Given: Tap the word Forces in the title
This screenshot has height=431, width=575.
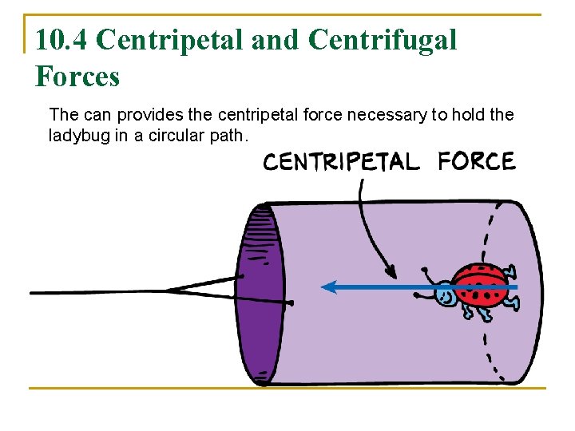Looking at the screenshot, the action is click(x=77, y=77).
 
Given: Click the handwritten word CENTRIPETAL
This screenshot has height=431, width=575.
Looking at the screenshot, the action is click(x=341, y=162).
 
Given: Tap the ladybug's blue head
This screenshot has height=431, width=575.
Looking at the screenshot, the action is click(x=444, y=296).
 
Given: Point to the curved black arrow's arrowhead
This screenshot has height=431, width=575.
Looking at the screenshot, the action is click(x=390, y=271).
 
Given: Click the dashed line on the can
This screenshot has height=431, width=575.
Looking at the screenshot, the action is click(x=490, y=239).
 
